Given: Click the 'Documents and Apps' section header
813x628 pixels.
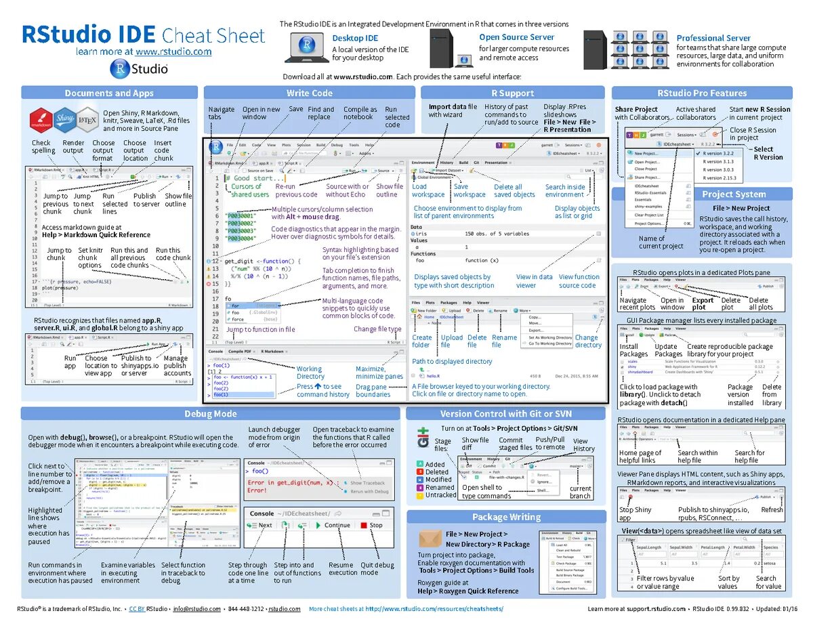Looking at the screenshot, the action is tap(109, 93).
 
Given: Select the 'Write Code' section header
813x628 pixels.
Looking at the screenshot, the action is tap(310, 93).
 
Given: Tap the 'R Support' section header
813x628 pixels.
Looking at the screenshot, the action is tap(512, 93).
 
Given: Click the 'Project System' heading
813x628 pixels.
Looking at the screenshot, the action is tap(734, 194).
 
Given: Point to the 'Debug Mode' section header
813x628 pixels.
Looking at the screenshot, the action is tap(211, 414).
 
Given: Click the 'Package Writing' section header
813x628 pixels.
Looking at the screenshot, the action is tap(506, 517).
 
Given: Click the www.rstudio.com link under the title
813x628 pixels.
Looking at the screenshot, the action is tap(173, 52).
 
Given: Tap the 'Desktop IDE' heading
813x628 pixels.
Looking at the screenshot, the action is tap(355, 39).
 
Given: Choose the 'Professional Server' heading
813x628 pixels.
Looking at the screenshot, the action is tap(713, 39).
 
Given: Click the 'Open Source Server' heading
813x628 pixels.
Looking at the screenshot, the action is tap(516, 37).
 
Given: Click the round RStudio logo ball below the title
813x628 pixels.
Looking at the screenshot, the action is tap(120, 68).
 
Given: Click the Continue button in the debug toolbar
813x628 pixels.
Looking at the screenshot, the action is tap(332, 525).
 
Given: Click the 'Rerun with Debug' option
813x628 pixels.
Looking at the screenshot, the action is tap(369, 491).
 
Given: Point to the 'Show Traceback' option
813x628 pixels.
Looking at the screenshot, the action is tap(367, 482).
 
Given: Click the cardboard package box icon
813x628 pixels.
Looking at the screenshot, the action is tap(430, 539).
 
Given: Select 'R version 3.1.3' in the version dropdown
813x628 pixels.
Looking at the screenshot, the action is tap(719, 162).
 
